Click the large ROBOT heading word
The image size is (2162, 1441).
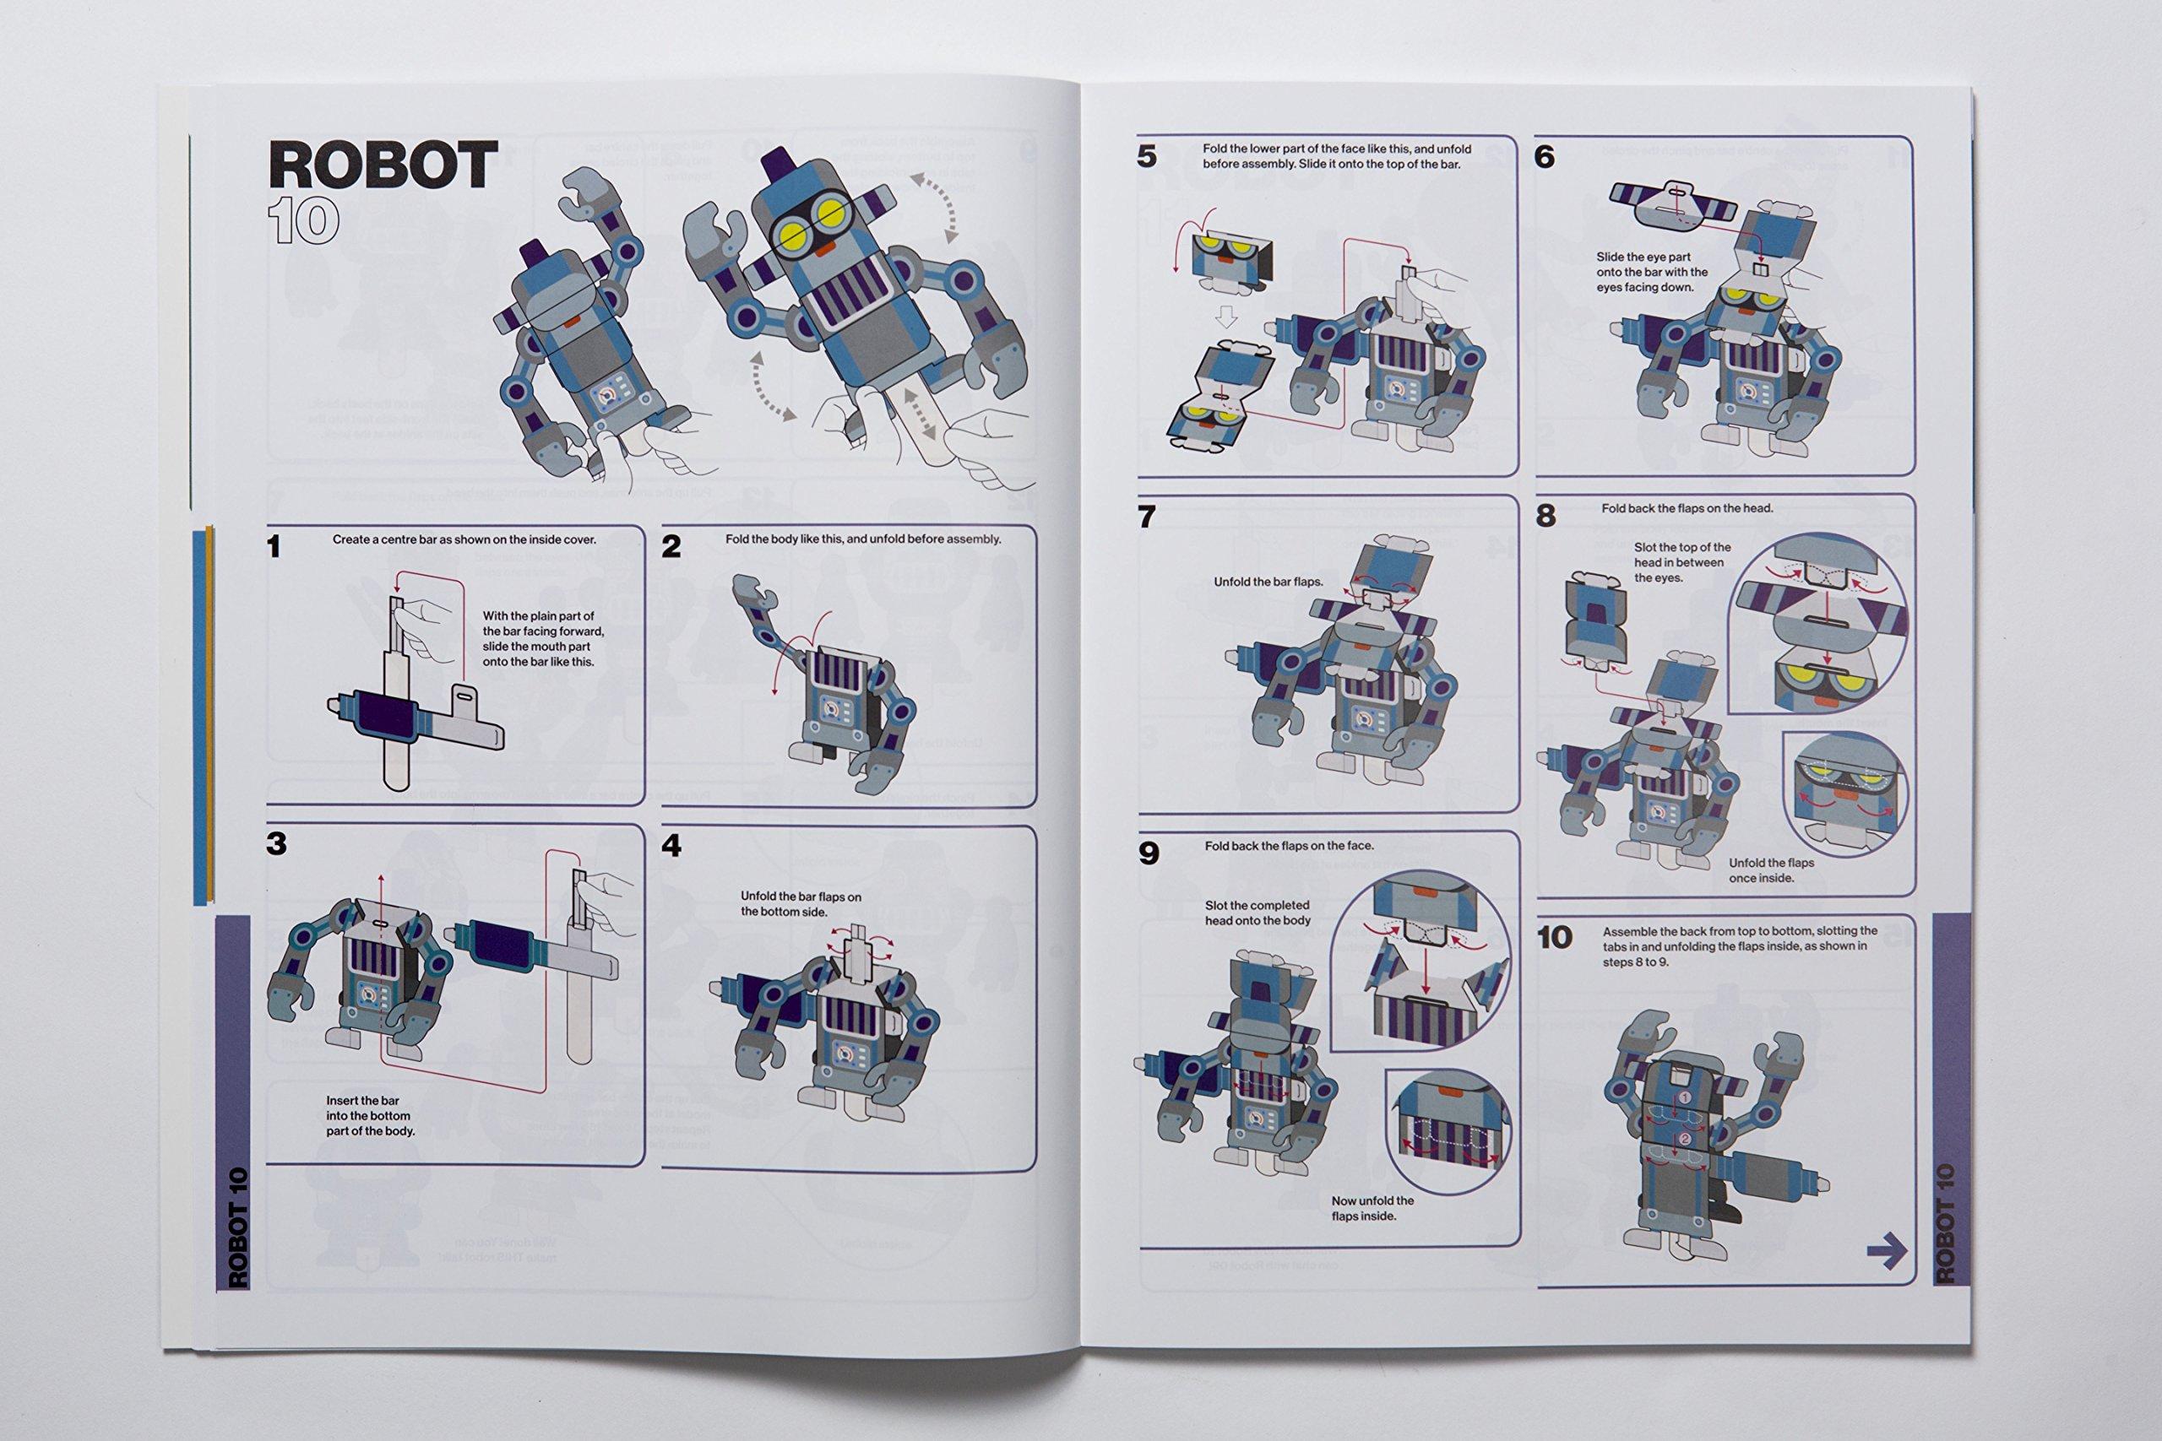[x=383, y=165]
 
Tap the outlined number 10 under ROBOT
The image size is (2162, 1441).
[x=303, y=221]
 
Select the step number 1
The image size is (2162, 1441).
[x=273, y=547]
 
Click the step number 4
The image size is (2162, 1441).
[x=672, y=847]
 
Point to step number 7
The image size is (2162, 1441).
[x=1146, y=517]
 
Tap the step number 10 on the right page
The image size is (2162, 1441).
[x=1556, y=939]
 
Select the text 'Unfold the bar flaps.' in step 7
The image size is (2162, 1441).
[x=1268, y=582]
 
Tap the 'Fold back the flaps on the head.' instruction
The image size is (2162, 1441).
[x=1687, y=508]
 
